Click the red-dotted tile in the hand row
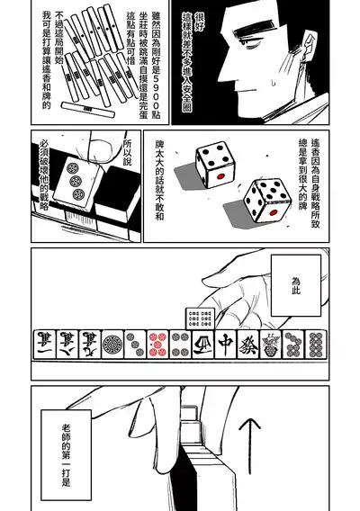[x=158, y=345]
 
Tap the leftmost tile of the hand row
[x=41, y=345]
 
